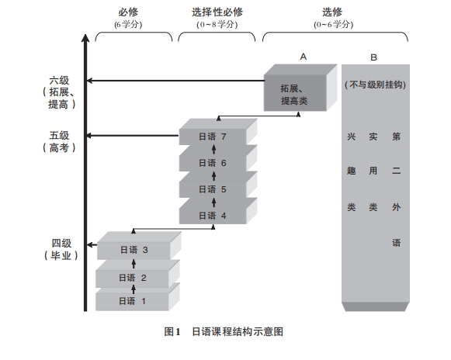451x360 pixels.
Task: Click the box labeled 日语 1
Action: (x=133, y=301)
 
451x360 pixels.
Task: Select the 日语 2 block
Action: (x=133, y=277)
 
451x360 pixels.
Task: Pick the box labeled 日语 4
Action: (x=213, y=215)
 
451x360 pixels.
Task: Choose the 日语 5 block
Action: (x=213, y=189)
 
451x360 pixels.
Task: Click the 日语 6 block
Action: (x=213, y=163)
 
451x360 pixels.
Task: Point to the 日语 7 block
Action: (x=213, y=137)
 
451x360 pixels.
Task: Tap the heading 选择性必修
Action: (x=217, y=13)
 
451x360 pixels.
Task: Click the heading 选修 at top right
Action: (x=334, y=13)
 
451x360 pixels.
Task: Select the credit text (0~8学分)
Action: (x=217, y=24)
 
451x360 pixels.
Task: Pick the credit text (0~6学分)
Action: (x=334, y=24)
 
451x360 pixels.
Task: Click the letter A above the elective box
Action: (x=304, y=56)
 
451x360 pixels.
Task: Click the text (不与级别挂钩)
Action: (x=375, y=83)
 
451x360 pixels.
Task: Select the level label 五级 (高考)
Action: (x=60, y=141)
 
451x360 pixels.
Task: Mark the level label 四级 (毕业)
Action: (x=60, y=249)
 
